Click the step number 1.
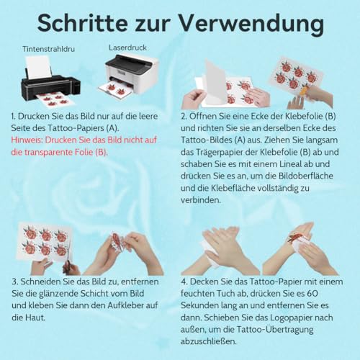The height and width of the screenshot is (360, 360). tap(14, 114)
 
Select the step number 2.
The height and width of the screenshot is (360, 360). tap(185, 114)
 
